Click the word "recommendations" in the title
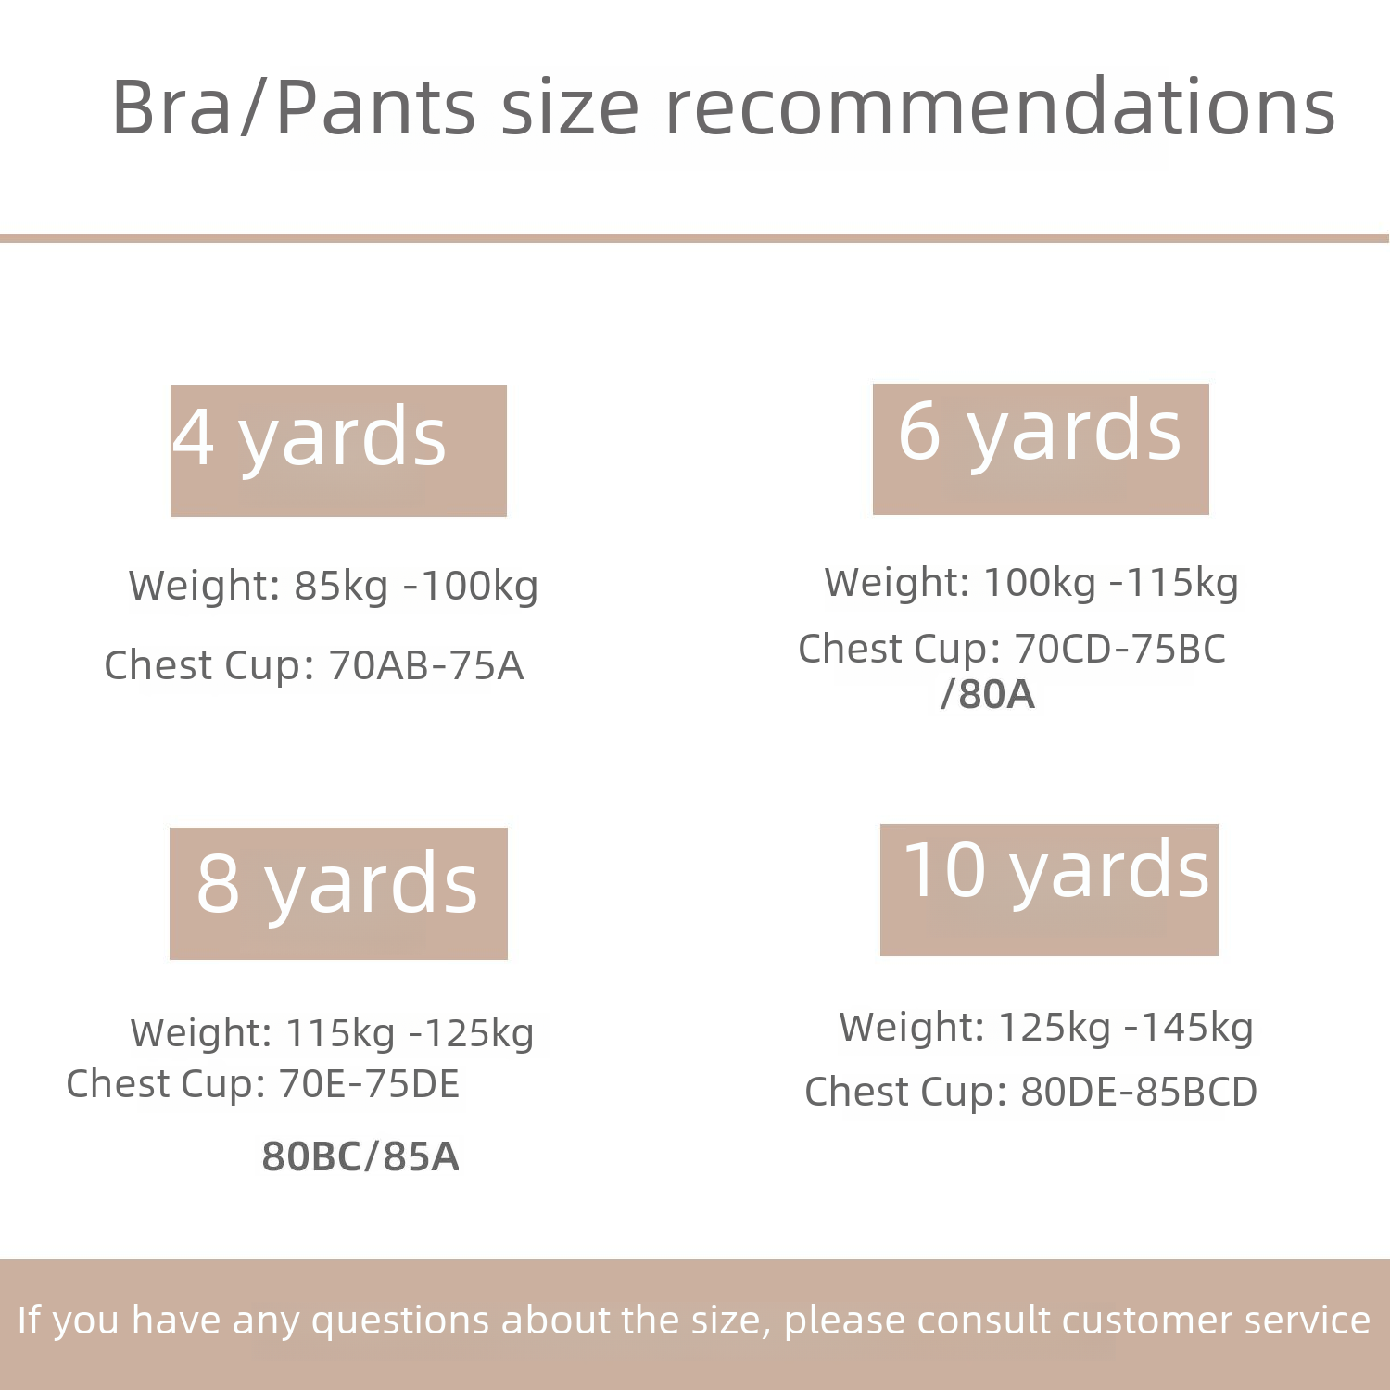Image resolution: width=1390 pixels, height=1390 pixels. [x=1001, y=107]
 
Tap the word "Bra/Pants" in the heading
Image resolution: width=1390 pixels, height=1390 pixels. [x=294, y=107]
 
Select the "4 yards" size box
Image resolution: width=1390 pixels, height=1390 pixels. [x=338, y=451]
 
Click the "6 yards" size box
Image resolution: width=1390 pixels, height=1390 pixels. [x=1041, y=449]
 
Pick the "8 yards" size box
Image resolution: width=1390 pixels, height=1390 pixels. [x=338, y=893]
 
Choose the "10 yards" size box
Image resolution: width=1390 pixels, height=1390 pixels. [x=1049, y=890]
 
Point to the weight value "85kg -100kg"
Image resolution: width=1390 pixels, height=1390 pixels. [x=416, y=586]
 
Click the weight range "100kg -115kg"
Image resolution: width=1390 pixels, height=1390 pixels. [x=1111, y=583]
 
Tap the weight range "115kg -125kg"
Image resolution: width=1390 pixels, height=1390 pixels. [x=410, y=1033]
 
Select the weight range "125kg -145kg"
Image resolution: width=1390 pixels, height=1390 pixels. [x=1126, y=1028]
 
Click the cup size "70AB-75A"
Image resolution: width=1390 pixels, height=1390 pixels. [x=426, y=665]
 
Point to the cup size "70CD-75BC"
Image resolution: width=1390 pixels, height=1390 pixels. [x=1119, y=649]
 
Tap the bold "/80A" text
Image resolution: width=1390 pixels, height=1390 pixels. [x=987, y=694]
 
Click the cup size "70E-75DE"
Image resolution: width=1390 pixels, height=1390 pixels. [x=369, y=1084]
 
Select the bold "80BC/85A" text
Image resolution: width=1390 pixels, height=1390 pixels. [x=360, y=1156]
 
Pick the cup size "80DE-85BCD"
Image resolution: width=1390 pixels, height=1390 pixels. [x=1139, y=1092]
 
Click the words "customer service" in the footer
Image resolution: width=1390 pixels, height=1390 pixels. [x=1216, y=1320]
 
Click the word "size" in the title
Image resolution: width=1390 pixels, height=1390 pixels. [x=570, y=107]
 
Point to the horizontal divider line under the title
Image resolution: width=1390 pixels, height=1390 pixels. [x=695, y=238]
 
